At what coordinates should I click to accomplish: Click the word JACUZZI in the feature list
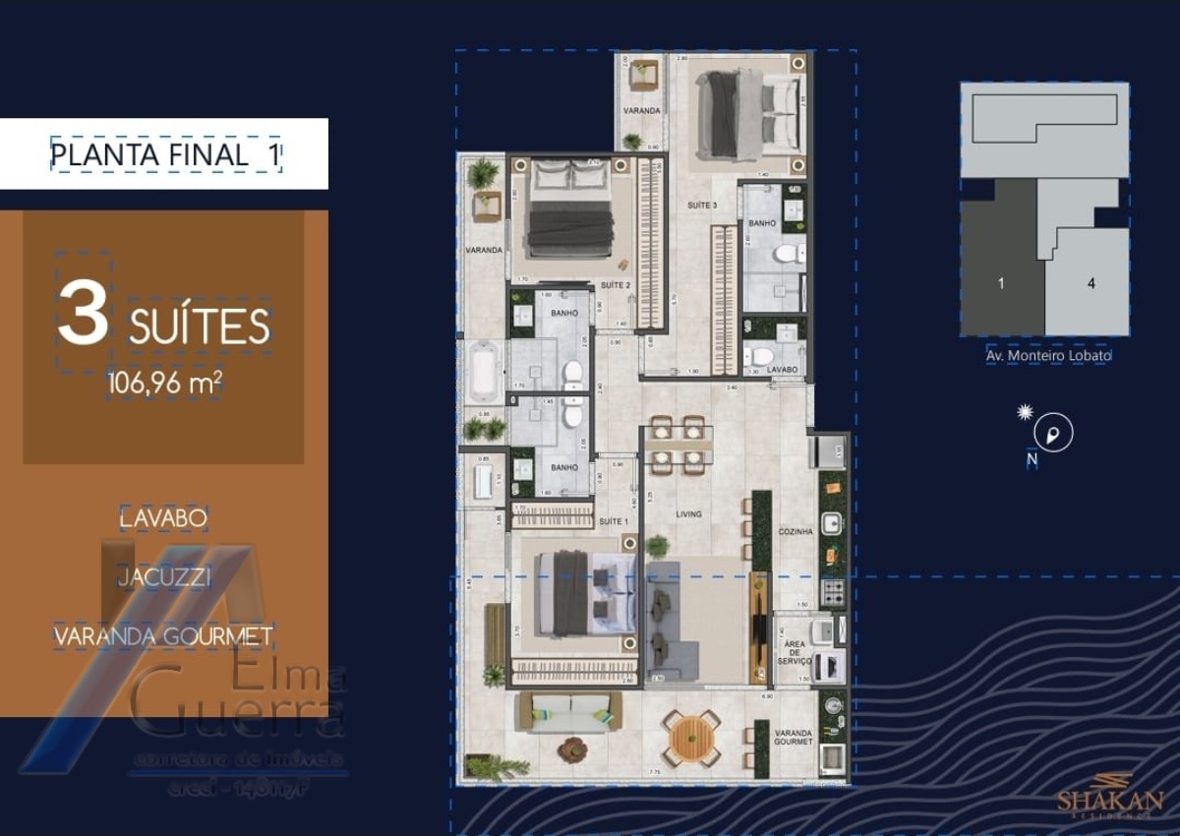(x=164, y=577)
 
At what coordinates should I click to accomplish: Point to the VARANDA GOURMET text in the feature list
(x=163, y=636)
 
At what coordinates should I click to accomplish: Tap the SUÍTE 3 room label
(x=701, y=205)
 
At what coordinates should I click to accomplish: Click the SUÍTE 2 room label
(x=615, y=285)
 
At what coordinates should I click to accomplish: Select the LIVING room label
(x=687, y=514)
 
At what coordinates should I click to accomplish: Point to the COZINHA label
(x=796, y=532)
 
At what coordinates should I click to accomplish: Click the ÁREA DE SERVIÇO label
(x=793, y=653)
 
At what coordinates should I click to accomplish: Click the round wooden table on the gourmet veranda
(x=692, y=735)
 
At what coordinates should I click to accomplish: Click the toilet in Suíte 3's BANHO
(x=789, y=255)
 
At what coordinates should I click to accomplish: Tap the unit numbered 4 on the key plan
(x=1091, y=284)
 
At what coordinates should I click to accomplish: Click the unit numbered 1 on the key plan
(x=1001, y=284)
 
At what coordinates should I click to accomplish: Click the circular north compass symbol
(x=1054, y=433)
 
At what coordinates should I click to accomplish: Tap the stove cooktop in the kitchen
(x=832, y=591)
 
